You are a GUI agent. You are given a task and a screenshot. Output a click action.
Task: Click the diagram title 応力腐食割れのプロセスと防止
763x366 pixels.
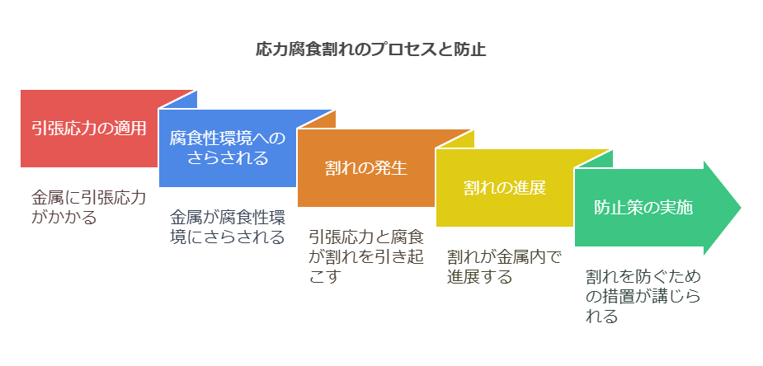371,50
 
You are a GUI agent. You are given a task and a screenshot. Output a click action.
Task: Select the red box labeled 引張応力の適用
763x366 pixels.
89,129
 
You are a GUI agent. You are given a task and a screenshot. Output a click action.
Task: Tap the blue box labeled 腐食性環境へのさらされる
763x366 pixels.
228,148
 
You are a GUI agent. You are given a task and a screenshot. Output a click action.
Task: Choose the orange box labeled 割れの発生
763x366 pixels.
366,168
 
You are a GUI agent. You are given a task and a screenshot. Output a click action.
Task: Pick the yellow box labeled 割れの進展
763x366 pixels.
505,188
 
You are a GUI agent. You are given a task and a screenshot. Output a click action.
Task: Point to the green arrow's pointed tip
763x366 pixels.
741,208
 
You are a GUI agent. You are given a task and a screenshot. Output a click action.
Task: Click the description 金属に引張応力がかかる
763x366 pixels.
88,207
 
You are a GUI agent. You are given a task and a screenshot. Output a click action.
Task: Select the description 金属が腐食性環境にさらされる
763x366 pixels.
228,227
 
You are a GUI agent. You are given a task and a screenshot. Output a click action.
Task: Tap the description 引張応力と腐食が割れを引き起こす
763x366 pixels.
366,256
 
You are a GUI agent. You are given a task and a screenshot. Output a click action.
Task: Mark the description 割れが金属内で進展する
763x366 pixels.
504,267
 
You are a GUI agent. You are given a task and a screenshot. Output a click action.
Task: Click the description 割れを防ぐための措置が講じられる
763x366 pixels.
643,297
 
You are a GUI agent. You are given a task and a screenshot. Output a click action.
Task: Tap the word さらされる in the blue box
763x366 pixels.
228,158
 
